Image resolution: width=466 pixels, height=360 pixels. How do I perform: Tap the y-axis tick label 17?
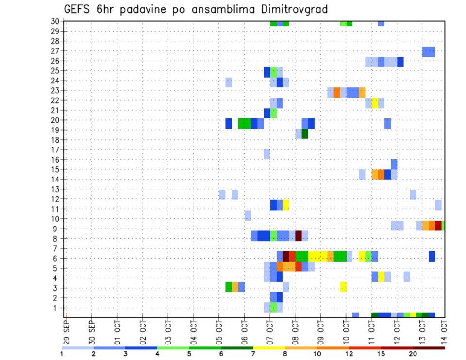56,150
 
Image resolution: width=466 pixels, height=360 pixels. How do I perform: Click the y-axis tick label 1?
58,308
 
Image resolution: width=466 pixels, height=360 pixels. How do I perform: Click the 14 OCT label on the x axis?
444,330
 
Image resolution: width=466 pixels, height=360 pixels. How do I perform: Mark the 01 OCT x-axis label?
117,330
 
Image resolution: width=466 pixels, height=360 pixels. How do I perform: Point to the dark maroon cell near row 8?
299,236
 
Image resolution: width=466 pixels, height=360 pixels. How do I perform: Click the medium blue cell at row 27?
429,51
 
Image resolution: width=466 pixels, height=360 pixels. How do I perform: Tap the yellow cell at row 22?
375,103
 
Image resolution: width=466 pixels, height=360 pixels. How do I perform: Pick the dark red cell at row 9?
438,226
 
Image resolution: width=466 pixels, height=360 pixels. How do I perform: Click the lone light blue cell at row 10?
248,215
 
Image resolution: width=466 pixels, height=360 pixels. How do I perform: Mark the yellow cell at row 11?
286,205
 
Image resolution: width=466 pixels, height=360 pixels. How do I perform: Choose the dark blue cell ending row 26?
400,62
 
